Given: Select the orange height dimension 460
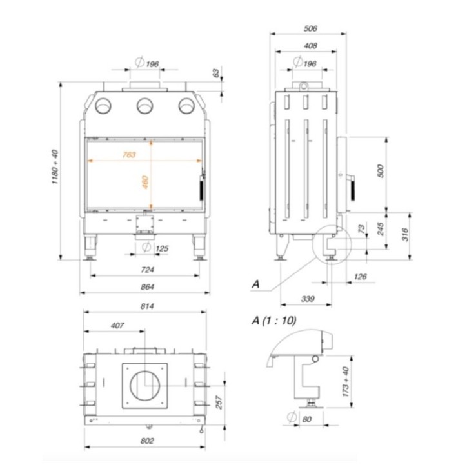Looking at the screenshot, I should pos(145,183).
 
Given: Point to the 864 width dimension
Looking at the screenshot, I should pos(145,286).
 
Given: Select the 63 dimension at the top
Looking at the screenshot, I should pos(215,74).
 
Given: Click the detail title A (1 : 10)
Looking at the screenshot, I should pos(277,321).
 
